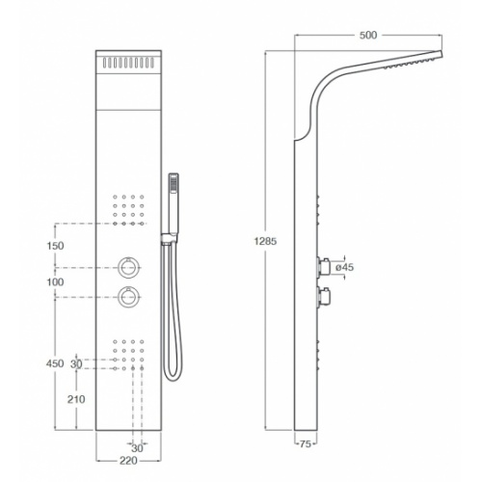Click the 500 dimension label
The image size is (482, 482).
(368, 35)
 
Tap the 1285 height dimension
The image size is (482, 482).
(265, 241)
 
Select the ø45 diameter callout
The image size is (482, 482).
(344, 267)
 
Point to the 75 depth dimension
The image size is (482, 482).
(306, 443)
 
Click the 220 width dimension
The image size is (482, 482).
(128, 461)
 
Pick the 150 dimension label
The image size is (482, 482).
(55, 246)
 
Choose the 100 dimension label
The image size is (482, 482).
(55, 282)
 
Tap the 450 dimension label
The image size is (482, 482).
(55, 363)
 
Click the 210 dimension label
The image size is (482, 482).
(76, 399)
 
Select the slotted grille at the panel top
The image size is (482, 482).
(128, 63)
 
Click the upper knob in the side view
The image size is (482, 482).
(324, 266)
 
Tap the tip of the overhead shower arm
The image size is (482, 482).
(442, 54)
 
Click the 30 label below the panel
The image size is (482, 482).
(137, 447)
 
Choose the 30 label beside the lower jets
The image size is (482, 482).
(76, 364)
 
